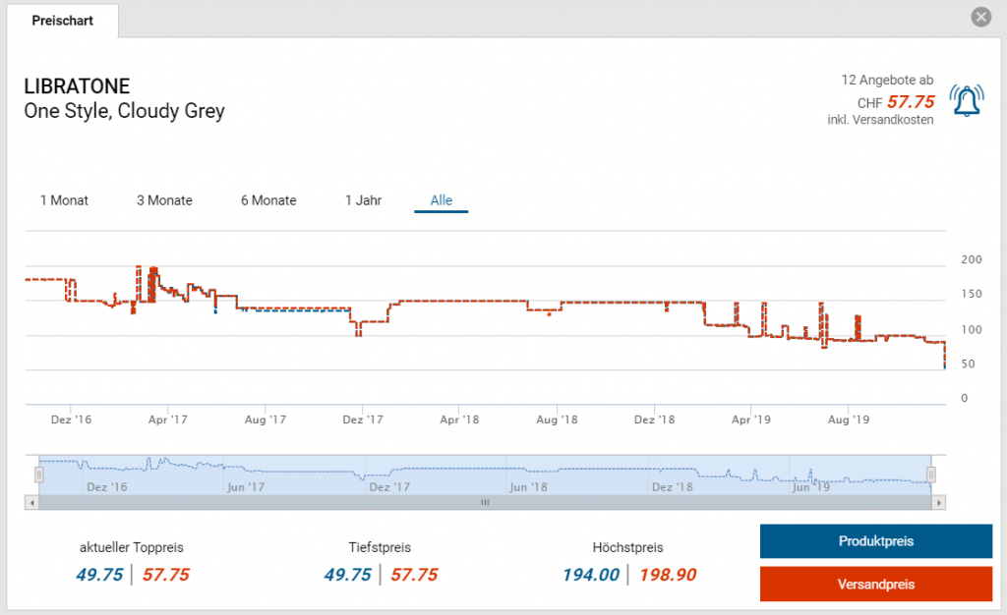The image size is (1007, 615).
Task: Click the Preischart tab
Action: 62,21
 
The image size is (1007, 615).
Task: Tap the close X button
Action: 980,18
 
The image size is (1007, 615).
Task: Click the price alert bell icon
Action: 967,100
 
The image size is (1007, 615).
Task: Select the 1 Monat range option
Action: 64,200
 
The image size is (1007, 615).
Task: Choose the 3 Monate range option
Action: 164,200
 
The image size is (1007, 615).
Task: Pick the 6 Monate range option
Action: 268,200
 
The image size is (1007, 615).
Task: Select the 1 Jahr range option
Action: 363,200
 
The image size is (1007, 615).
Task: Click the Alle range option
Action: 442,200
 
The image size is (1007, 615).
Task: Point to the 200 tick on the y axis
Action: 971,260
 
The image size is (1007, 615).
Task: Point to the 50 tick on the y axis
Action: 968,364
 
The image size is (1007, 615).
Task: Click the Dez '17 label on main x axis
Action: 363,419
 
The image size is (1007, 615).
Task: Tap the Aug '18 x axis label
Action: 557,419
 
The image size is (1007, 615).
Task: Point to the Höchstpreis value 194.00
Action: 591,575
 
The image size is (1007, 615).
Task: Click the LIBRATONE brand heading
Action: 77,86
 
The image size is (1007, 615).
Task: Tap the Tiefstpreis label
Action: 380,547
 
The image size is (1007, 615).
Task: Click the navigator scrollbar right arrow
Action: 940,502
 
